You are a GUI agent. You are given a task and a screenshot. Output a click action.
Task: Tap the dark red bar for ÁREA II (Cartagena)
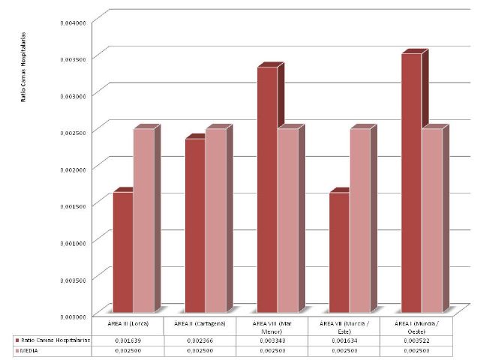point(195,225)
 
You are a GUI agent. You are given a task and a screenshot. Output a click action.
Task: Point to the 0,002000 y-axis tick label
point(73,169)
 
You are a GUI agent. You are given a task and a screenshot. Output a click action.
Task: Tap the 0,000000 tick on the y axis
point(73,316)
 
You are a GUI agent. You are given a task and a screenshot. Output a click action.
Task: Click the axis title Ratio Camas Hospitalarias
point(23,67)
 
